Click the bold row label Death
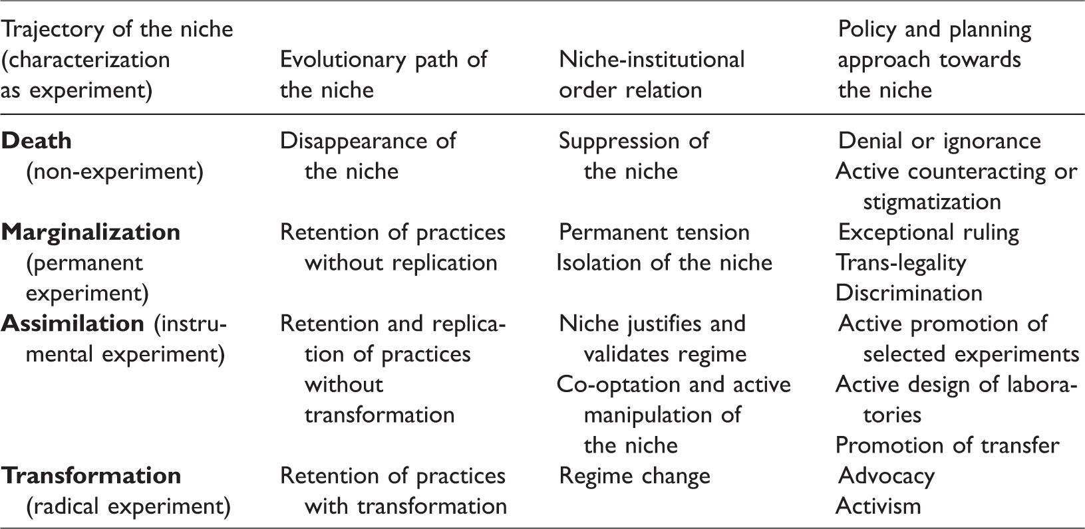point(37,141)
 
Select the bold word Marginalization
point(90,233)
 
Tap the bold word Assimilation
point(73,323)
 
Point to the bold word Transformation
point(91,476)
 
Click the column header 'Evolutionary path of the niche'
point(384,75)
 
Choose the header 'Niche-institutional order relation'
point(651,75)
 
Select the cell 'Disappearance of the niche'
point(368,156)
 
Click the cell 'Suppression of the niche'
point(633,156)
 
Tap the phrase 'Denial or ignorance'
point(939,142)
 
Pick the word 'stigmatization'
point(932,202)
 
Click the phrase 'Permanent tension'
point(654,233)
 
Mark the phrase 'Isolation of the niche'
point(664,263)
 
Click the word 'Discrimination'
point(909,293)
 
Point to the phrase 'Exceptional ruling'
point(929,233)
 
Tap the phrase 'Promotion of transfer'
point(947,446)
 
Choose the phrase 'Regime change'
point(635,476)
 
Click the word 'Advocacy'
point(886,476)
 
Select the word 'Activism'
point(878,506)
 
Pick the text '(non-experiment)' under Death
point(115,172)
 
